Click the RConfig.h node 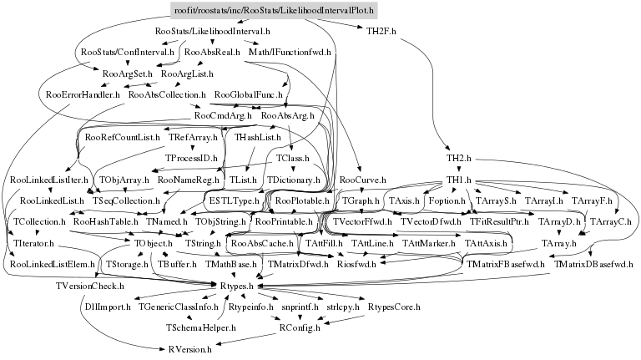click(298, 328)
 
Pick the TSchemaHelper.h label click(200, 328)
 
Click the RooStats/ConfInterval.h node click(119, 53)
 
